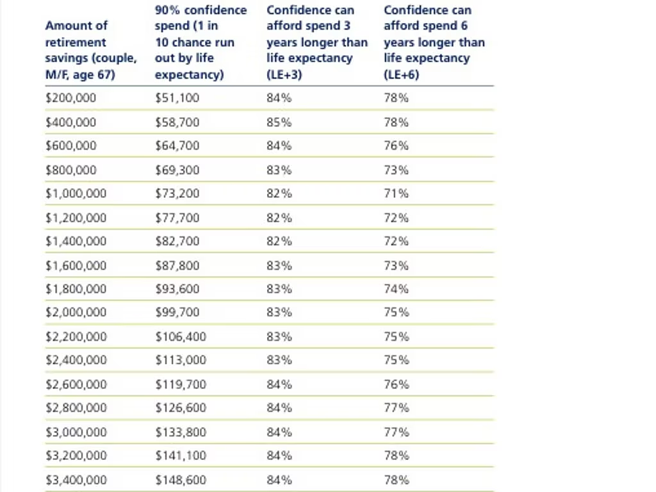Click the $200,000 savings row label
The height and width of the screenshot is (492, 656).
pos(70,98)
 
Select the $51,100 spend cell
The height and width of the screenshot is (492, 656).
pos(177,98)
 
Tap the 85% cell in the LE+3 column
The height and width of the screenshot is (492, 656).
pos(279,122)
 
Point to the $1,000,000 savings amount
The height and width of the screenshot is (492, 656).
pos(76,193)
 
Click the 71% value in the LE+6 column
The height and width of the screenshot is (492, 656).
pos(396,193)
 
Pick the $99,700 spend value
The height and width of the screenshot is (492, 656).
pos(177,312)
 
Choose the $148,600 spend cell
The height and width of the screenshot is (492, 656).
pos(181,480)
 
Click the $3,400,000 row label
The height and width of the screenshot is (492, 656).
pos(76,480)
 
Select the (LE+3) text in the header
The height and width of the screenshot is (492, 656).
pos(284,74)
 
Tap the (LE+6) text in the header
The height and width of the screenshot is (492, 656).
pos(401,74)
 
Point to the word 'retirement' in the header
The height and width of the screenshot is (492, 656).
pos(76,42)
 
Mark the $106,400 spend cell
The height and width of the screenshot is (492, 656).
pos(181,336)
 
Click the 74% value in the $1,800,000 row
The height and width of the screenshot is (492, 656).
pos(396,289)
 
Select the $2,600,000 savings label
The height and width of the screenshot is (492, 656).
pos(76,384)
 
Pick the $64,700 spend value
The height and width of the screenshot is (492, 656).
pos(177,145)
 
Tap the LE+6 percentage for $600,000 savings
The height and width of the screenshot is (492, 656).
pos(396,145)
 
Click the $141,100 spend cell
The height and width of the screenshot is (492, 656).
pos(181,455)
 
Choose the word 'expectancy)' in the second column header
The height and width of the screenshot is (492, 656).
pos(189,75)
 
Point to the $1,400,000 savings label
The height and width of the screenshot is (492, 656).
pos(76,241)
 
